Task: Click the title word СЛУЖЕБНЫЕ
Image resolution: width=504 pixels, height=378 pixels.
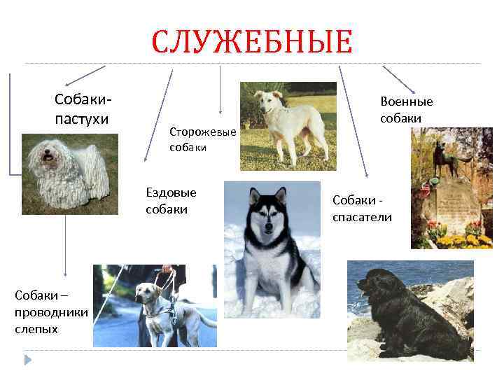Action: click(x=253, y=42)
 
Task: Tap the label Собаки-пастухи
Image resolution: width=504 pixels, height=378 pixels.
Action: click(x=82, y=110)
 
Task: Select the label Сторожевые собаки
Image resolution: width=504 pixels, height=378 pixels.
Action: click(x=203, y=139)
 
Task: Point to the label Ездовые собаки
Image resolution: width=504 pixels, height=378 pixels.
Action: click(x=171, y=201)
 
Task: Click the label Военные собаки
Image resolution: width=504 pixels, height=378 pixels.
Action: click(x=406, y=110)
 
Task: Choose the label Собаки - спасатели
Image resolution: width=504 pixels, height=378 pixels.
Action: click(x=362, y=209)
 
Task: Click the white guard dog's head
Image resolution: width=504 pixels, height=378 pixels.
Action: click(x=269, y=101)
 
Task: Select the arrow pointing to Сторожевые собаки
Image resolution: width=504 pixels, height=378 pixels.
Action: click(x=220, y=91)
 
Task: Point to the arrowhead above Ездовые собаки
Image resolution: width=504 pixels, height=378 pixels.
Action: click(x=147, y=158)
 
